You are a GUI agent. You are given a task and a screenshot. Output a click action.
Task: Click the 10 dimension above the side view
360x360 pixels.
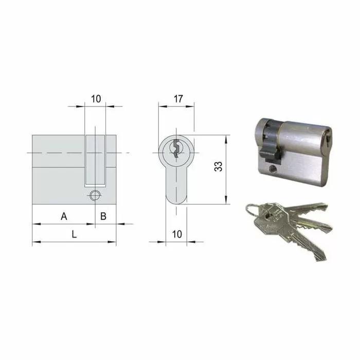pyautogui.click(x=95, y=98)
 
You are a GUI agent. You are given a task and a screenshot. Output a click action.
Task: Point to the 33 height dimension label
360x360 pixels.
pyautogui.click(x=219, y=166)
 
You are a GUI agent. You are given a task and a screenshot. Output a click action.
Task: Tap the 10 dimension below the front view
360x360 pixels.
pyautogui.click(x=176, y=234)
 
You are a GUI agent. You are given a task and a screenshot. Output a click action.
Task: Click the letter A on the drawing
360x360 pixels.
pyautogui.click(x=64, y=217)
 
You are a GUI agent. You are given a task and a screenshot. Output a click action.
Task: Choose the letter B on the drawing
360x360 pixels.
pyautogui.click(x=103, y=217)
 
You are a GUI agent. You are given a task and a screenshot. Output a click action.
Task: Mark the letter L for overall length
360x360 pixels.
pyautogui.click(x=74, y=235)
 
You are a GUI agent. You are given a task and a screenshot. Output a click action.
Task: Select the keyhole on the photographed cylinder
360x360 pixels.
pyautogui.click(x=327, y=139)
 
